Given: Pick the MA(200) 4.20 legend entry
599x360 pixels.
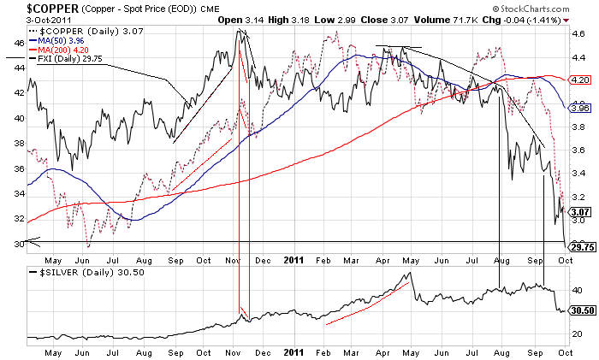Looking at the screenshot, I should point(62,49).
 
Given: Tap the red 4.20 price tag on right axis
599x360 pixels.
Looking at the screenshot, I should point(580,80).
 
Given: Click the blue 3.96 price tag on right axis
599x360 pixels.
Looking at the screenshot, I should point(580,108).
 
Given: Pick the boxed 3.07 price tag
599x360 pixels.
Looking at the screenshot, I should point(580,211).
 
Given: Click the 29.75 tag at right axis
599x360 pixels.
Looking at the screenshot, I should point(581,247).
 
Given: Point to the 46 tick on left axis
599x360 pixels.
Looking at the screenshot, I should point(17,41).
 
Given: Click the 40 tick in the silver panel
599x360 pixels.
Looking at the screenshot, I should point(578,290).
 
